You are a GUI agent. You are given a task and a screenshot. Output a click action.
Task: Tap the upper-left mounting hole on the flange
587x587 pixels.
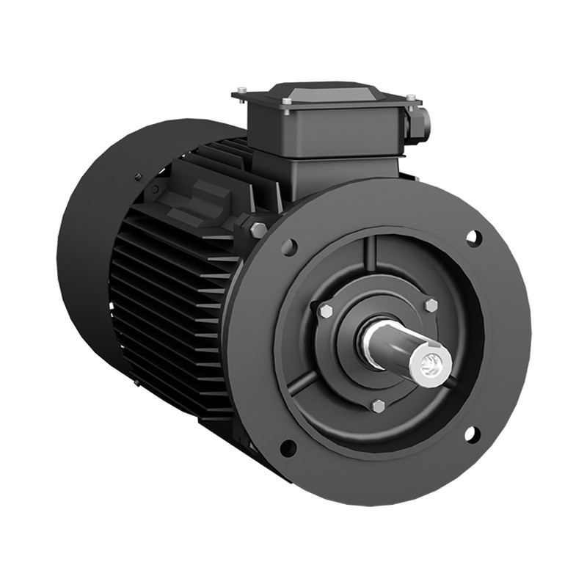tap(289, 247)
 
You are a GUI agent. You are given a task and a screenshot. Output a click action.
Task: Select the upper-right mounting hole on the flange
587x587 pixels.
tap(473, 237)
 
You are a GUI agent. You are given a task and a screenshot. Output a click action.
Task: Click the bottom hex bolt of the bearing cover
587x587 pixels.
tap(378, 406)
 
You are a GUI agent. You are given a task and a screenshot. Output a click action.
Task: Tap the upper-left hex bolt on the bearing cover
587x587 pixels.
tap(325, 311)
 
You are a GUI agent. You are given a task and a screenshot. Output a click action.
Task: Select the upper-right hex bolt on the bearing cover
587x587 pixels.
tap(430, 305)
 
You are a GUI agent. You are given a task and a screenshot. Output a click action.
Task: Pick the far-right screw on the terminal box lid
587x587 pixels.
tap(410, 97)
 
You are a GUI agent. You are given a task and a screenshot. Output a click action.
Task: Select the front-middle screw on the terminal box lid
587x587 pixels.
tap(287, 101)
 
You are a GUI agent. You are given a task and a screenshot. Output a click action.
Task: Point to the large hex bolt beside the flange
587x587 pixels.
tap(258, 230)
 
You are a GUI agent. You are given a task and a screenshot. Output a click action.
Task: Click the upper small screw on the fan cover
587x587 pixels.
tap(137, 176)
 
